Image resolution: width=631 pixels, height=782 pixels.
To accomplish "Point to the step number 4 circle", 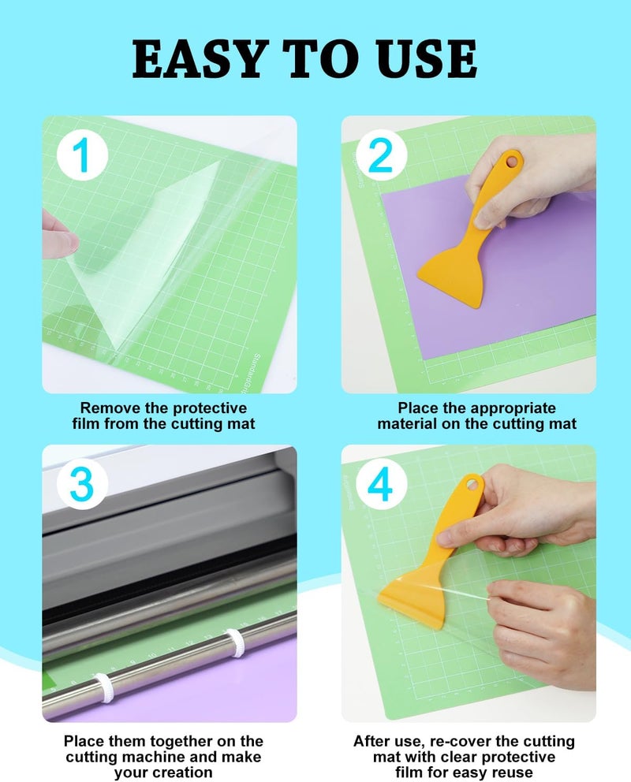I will point(380,487).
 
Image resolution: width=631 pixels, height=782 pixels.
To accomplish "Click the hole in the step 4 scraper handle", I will point(474,482).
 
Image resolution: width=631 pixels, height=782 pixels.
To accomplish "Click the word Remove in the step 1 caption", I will point(106,408).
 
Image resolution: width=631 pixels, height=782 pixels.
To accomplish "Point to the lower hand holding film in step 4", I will point(544,631).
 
